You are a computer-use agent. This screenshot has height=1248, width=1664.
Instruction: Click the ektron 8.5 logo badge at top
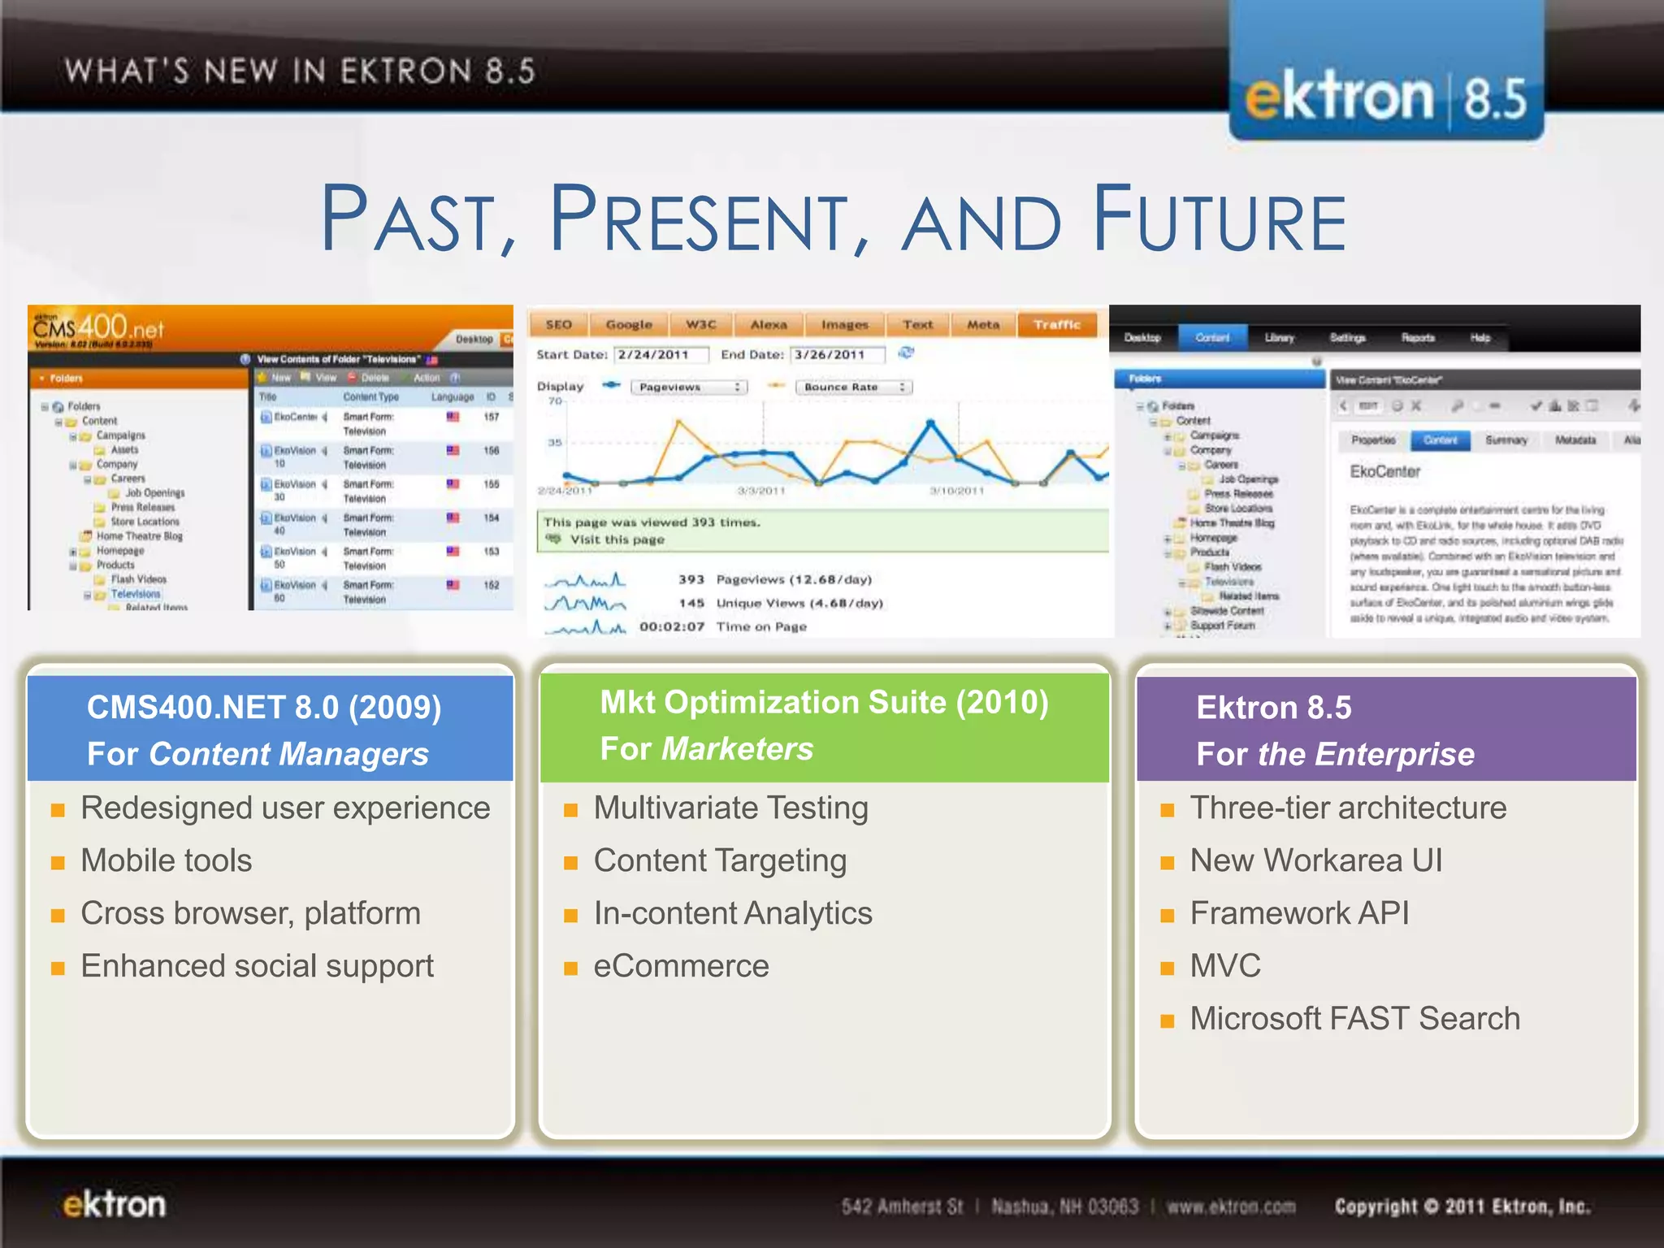pyautogui.click(x=1386, y=97)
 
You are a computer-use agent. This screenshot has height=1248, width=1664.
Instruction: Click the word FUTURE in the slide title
pyautogui.click(x=1220, y=219)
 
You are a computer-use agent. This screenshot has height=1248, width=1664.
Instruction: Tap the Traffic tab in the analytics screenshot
pyautogui.click(x=1057, y=325)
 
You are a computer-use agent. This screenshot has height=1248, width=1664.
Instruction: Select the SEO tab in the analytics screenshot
pyautogui.click(x=558, y=325)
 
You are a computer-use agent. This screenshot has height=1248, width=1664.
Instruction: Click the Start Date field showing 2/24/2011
pyautogui.click(x=661, y=355)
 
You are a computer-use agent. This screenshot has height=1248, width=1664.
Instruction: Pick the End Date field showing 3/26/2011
pyautogui.click(x=838, y=355)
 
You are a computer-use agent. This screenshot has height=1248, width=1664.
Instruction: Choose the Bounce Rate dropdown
pyautogui.click(x=853, y=388)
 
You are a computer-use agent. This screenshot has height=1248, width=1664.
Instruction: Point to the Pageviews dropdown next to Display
pyautogui.click(x=688, y=388)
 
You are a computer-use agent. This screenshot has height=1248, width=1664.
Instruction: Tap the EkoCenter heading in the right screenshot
pyautogui.click(x=1384, y=472)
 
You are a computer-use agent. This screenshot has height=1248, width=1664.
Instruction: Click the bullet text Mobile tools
pyautogui.click(x=167, y=860)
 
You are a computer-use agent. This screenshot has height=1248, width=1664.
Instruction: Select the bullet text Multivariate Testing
pyautogui.click(x=730, y=808)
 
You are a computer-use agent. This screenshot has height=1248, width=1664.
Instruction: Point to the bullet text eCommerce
pyautogui.click(x=681, y=966)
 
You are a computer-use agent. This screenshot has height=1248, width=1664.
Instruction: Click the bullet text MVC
pyautogui.click(x=1225, y=966)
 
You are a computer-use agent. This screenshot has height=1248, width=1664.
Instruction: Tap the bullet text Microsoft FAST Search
pyautogui.click(x=1354, y=1019)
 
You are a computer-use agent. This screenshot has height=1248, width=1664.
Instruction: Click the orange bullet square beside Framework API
pyautogui.click(x=1168, y=916)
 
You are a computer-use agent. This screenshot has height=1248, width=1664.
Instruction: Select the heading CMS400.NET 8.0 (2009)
pyautogui.click(x=264, y=708)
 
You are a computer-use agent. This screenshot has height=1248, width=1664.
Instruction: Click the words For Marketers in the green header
pyautogui.click(x=706, y=749)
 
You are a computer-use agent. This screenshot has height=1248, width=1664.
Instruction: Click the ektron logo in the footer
pyautogui.click(x=115, y=1205)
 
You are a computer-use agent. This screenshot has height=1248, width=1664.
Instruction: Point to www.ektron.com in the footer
pyautogui.click(x=1231, y=1207)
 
